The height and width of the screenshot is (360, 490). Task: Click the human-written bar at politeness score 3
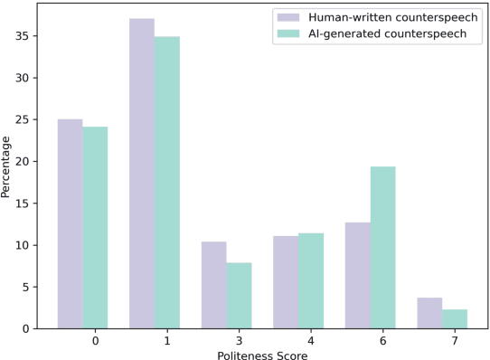click(214, 285)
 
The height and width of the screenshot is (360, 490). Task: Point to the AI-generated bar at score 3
click(239, 295)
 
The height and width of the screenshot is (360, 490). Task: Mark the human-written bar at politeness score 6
click(357, 275)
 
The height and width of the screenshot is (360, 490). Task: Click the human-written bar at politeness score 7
click(429, 313)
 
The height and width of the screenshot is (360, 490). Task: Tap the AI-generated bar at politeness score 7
click(455, 318)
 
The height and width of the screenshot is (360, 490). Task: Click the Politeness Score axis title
click(262, 355)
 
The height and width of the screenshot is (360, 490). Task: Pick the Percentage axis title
click(7, 166)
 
